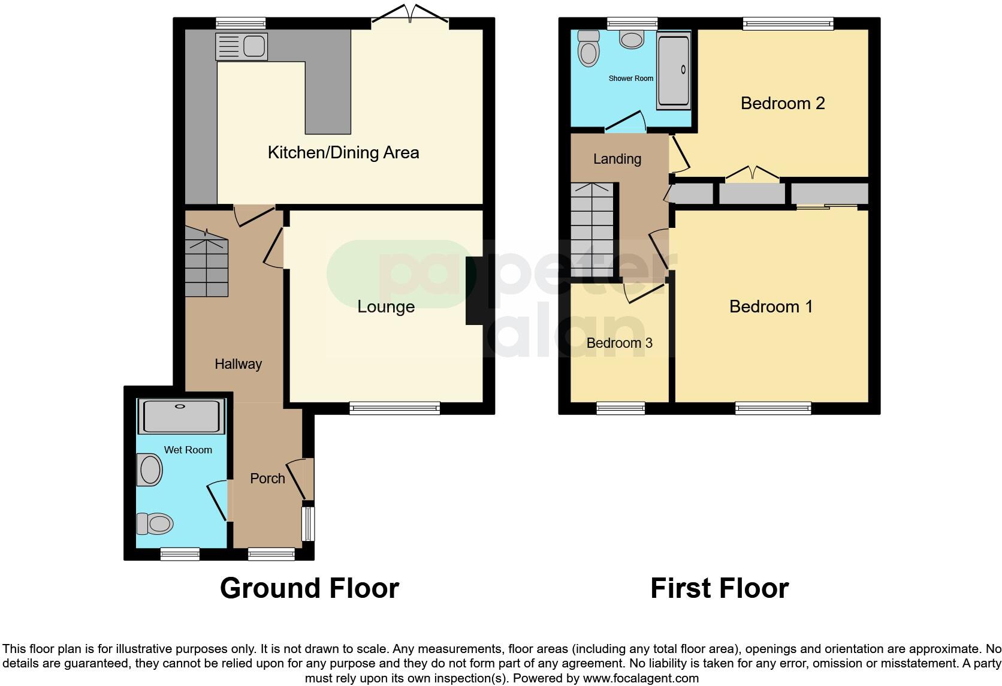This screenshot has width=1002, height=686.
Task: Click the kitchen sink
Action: (242, 46)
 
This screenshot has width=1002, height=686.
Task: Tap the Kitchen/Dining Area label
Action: (343, 152)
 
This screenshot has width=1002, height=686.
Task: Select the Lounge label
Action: (386, 306)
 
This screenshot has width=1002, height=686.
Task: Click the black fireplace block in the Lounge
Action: (474, 291)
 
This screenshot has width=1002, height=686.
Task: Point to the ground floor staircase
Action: (206, 262)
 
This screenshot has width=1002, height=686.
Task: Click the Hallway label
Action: (238, 364)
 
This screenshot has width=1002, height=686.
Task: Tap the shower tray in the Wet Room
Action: (180, 416)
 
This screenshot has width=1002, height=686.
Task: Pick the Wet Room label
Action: (188, 450)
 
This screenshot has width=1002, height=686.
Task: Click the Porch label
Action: (267, 479)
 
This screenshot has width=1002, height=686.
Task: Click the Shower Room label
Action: (630, 79)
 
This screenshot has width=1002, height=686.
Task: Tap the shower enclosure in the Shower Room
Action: (674, 70)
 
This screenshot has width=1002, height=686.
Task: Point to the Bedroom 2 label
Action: (782, 103)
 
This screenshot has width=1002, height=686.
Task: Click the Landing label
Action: (617, 159)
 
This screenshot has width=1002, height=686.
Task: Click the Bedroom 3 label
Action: (619, 343)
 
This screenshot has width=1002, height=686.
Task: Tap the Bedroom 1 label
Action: (771, 306)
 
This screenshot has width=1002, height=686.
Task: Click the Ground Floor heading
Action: (309, 588)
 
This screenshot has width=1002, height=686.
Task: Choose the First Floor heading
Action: (719, 588)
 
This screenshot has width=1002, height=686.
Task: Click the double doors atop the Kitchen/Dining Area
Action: (410, 15)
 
